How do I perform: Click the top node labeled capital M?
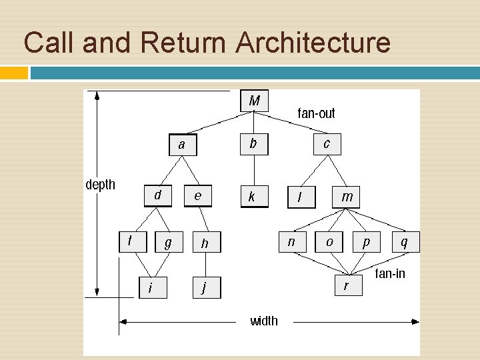point(254,101)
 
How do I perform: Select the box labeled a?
point(182,145)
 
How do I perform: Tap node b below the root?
point(253,143)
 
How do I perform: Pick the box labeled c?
point(326,143)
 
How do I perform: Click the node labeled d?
point(157,195)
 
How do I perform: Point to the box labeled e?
point(197,196)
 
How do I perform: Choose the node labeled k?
point(253,196)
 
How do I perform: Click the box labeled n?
point(291,242)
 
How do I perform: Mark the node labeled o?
point(329,242)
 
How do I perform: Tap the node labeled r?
point(346,286)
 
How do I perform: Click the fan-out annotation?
point(316,113)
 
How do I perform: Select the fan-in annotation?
point(391,273)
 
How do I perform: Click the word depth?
point(100,184)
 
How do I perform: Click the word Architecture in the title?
point(312,43)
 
